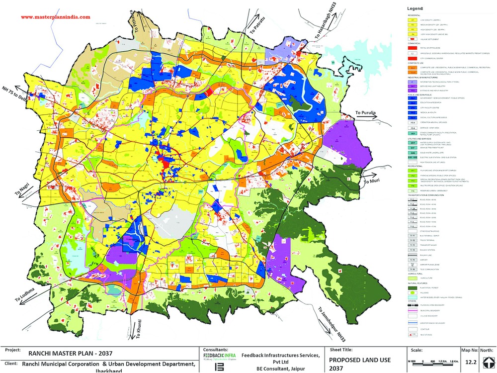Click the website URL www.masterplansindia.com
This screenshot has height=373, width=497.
pyautogui.click(x=55, y=16)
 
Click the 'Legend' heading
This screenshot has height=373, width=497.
pyautogui.click(x=415, y=8)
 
